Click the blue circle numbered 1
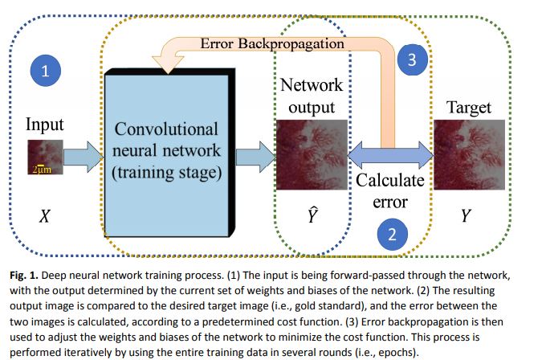(x=46, y=71)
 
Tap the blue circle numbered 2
(x=391, y=235)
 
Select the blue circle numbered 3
(x=412, y=59)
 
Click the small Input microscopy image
(x=44, y=157)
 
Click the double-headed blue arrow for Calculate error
(x=391, y=153)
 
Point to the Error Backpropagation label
(x=272, y=43)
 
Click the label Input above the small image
(x=45, y=125)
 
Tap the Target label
(x=473, y=107)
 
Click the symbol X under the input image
(x=46, y=215)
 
